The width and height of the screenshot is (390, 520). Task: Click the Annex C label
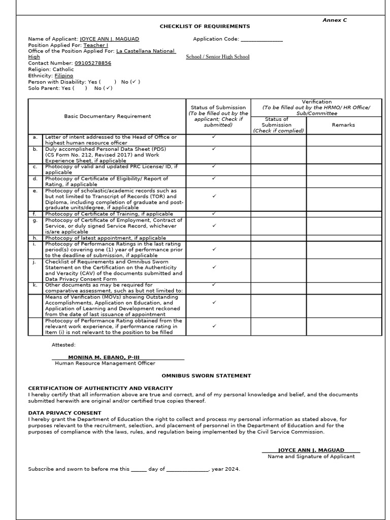pos(335,20)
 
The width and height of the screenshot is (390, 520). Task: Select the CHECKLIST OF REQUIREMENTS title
pos(205,26)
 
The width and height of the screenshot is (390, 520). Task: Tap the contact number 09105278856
pos(93,63)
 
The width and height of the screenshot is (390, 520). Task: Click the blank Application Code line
pos(262,39)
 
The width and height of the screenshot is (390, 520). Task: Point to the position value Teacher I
pos(95,45)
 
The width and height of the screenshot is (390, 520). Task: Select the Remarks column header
pos(343,125)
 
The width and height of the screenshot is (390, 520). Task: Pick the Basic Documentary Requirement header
pos(107,116)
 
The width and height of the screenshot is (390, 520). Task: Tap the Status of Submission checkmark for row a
pos(214,137)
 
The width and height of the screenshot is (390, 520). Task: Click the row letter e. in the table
pos(35,191)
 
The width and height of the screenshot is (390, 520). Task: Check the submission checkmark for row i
pos(214,249)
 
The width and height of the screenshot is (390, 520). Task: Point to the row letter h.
pos(35,238)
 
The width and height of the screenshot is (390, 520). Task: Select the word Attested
pos(63,345)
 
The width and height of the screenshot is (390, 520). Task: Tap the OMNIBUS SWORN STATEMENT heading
pos(206,376)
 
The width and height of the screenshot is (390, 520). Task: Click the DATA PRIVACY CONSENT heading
pos(64,413)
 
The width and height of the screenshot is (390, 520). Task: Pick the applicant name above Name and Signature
pos(311,450)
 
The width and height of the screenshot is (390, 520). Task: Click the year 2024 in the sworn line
pos(232,469)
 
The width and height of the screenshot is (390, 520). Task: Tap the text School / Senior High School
pos(217,57)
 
